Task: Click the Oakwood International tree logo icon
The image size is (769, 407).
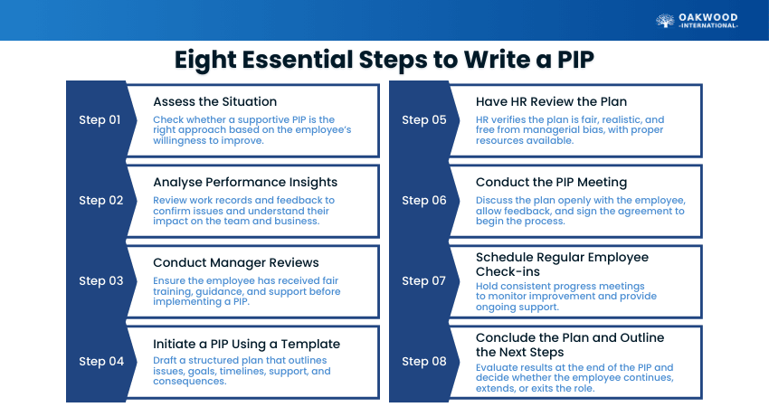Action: (x=665, y=21)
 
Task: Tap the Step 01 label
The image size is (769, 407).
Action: (x=100, y=120)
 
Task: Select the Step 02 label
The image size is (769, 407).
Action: (x=100, y=201)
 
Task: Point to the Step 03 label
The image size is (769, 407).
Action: (x=100, y=281)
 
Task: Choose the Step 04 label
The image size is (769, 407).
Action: (x=100, y=362)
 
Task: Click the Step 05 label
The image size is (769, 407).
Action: (x=423, y=120)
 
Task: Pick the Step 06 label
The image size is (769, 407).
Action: (x=423, y=201)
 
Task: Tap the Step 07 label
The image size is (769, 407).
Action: (x=423, y=281)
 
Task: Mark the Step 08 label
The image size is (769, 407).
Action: (x=423, y=362)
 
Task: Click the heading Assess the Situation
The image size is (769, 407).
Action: (x=214, y=101)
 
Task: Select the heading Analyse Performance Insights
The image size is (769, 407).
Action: (x=244, y=182)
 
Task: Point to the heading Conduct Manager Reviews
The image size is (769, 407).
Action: (x=235, y=262)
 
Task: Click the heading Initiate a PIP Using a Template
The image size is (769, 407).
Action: (x=246, y=344)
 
